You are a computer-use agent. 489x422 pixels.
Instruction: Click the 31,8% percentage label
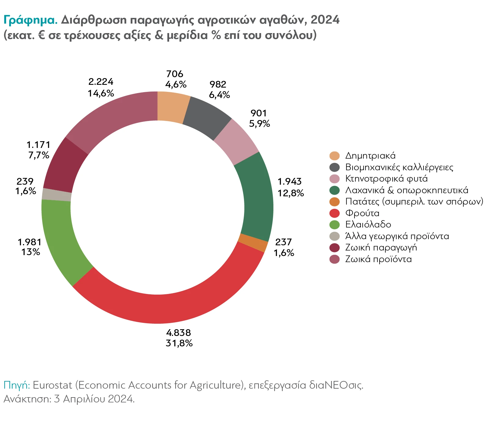pos(179,343)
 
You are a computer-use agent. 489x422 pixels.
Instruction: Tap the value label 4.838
pos(179,333)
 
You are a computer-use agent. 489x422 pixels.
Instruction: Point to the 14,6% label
pos(101,93)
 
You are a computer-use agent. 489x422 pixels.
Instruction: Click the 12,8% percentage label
pos(291,193)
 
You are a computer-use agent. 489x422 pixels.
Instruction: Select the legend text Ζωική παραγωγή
pos(381,247)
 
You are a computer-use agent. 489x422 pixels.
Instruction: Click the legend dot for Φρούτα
pos(335,213)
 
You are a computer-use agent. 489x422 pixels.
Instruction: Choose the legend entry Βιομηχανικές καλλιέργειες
pos(399,167)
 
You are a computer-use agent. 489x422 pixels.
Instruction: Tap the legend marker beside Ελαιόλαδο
pos(335,224)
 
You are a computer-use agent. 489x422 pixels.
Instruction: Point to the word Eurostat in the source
pos(52,385)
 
